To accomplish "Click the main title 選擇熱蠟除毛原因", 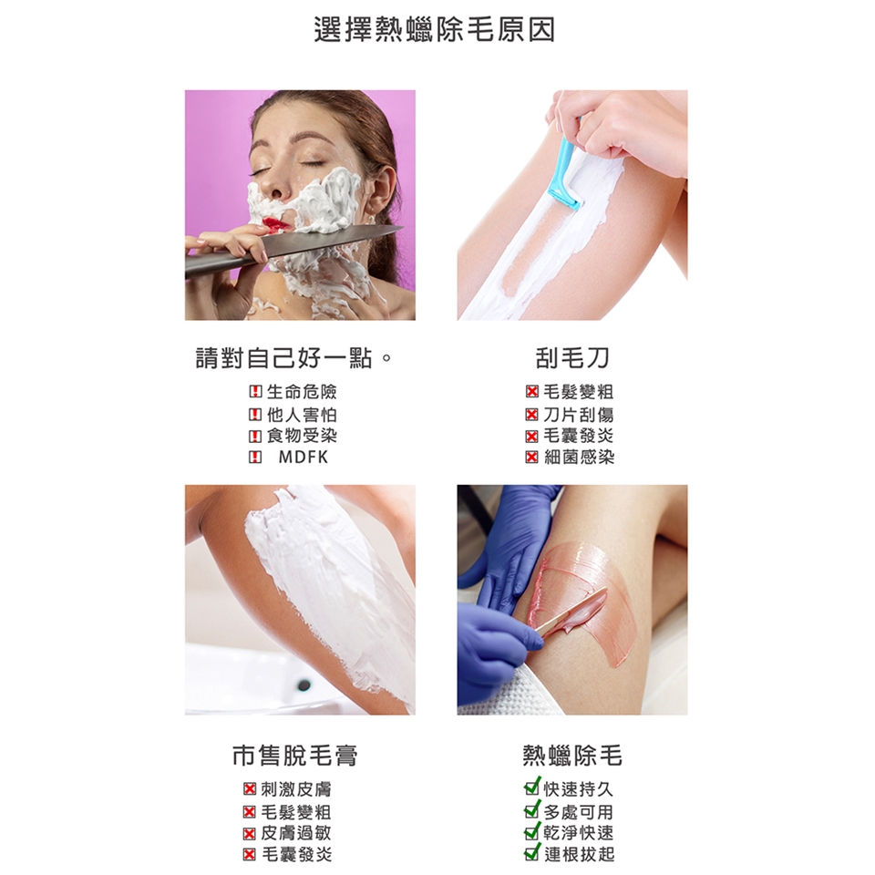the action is tap(435, 29).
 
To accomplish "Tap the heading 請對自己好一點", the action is tap(284, 358).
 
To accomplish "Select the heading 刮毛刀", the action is tap(572, 358).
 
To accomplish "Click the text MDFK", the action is tap(304, 457).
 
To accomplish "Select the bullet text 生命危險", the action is tap(302, 392).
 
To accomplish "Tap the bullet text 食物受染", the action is tap(302, 436).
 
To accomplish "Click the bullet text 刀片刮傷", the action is tap(579, 414).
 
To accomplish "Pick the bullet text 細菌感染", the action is tap(579, 457).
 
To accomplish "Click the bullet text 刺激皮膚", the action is tap(296, 789).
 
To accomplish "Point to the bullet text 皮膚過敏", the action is tap(296, 832).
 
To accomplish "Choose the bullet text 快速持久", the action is tap(579, 789).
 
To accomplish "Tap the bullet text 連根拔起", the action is tap(579, 854).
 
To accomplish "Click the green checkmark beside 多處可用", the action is tap(532, 809).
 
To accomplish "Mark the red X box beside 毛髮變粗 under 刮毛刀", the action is tap(531, 392).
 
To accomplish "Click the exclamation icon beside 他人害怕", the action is tap(255, 415).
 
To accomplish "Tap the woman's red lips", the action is tap(274, 224).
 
